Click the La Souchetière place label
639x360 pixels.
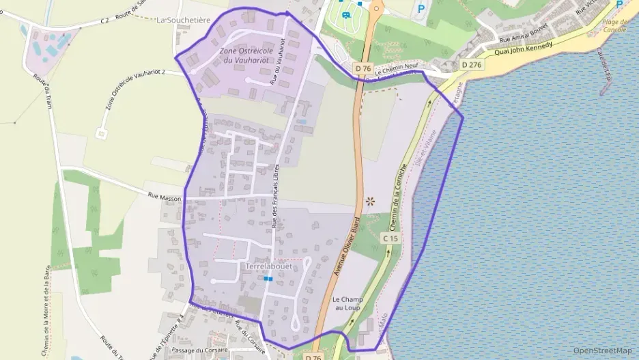(x=183, y=20)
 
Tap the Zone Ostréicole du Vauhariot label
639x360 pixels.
(x=247, y=56)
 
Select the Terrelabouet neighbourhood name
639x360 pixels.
(x=268, y=266)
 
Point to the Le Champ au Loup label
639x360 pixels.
(x=347, y=304)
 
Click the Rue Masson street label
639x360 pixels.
(x=165, y=197)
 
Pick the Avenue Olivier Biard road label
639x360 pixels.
(x=346, y=243)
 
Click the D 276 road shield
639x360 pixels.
(x=472, y=64)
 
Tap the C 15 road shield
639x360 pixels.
(x=390, y=238)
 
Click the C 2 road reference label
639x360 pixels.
(x=104, y=20)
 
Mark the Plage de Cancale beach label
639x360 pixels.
(x=615, y=25)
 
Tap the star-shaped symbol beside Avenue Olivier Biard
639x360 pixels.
(x=370, y=201)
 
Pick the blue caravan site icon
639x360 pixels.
(x=345, y=14)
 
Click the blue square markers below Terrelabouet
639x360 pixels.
(x=268, y=279)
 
